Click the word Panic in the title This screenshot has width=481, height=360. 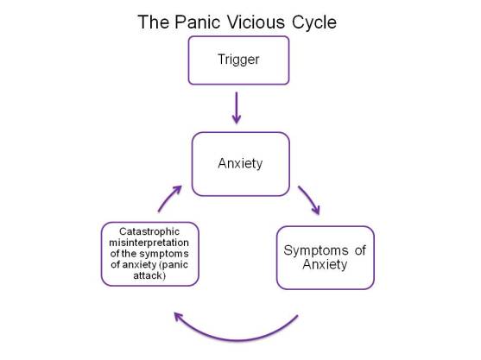[x=195, y=21]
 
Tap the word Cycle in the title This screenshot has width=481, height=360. [x=314, y=21]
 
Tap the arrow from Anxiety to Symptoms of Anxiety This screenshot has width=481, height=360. [x=308, y=198]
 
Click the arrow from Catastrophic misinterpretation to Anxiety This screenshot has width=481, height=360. [x=168, y=198]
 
